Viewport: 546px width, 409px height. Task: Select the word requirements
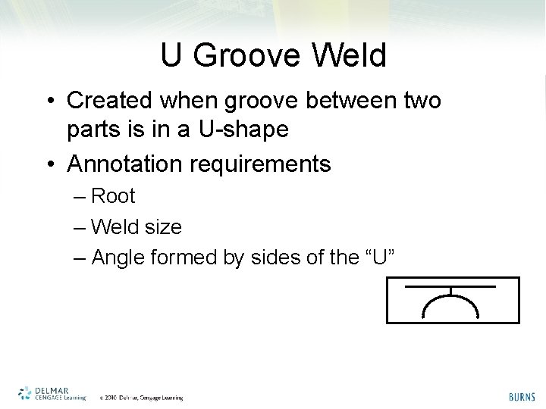click(268, 164)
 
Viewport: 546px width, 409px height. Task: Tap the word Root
click(113, 196)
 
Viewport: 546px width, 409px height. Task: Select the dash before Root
click(81, 197)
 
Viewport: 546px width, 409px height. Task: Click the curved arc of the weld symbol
click(450, 299)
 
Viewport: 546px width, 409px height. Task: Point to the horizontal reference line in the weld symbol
click(450, 287)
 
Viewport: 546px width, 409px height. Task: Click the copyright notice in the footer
click(141, 397)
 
